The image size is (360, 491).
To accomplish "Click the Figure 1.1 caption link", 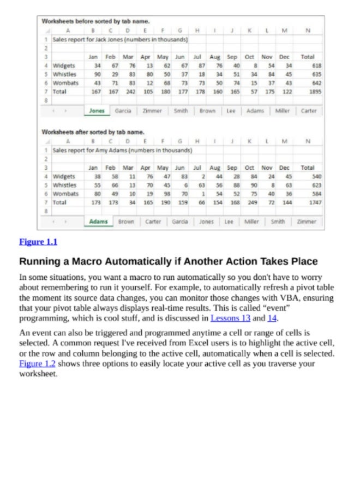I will [38, 242].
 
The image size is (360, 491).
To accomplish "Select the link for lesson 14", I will [272, 318].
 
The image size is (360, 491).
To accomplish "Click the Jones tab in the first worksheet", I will [97, 111].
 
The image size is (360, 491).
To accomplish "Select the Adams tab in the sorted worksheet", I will [99, 222].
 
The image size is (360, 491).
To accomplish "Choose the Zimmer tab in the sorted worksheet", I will [307, 222].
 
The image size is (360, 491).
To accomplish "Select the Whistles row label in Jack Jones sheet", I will [64, 74].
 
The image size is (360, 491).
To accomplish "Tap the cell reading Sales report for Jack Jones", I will [120, 40].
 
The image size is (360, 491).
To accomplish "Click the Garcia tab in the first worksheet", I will [123, 111].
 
